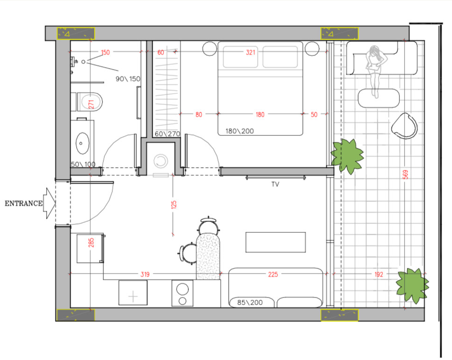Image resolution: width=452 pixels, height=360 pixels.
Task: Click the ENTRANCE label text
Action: point(23,203)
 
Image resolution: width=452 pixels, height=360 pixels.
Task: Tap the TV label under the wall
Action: point(275,184)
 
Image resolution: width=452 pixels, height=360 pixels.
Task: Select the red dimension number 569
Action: point(405,175)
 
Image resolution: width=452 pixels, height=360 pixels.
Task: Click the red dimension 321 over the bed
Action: point(250,52)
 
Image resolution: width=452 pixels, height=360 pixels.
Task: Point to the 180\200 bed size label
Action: point(239,131)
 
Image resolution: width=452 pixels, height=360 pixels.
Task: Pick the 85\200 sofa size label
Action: point(250,303)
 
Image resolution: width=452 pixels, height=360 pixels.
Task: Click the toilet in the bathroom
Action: point(90,102)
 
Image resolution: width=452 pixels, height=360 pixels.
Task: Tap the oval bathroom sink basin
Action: point(82,143)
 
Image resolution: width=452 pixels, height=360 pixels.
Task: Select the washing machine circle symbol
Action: point(160,161)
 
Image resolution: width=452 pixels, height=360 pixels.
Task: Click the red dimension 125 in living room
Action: point(173,205)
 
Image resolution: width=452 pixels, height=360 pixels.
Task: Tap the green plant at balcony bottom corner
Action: point(412,285)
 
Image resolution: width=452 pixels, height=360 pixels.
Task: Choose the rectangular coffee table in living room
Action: point(276,242)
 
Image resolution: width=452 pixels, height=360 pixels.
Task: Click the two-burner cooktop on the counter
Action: point(182,293)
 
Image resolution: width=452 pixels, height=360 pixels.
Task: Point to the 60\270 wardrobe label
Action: point(167,134)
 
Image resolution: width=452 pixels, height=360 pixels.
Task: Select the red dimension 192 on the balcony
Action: point(378,274)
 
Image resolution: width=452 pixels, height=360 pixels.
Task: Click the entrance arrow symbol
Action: point(49,203)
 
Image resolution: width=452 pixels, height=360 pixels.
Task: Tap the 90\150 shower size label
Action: point(128,79)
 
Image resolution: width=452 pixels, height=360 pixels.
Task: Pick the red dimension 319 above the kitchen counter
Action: point(145,274)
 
